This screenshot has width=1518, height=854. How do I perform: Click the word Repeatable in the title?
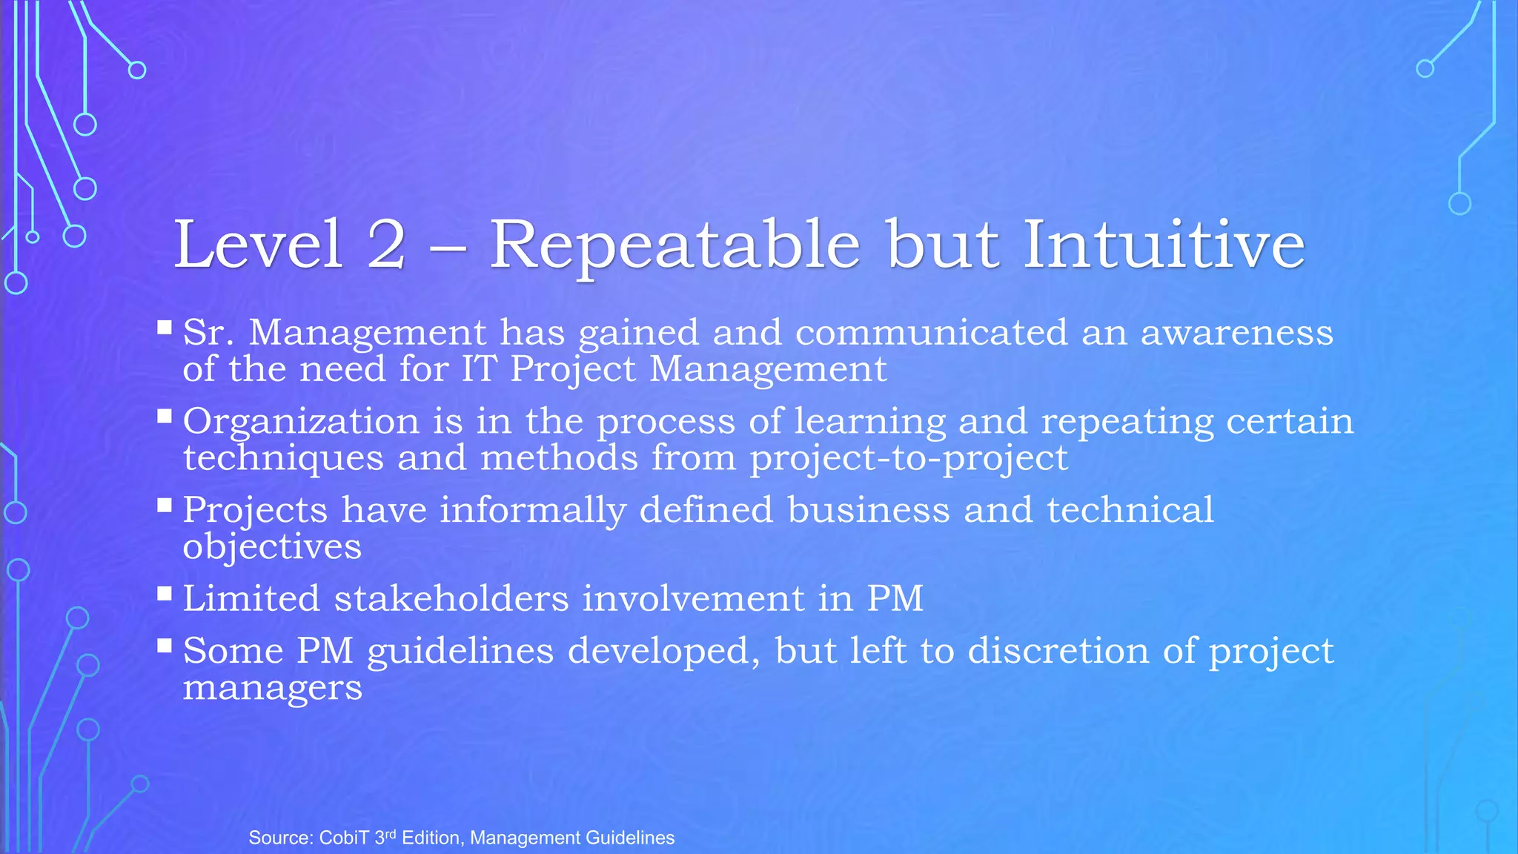pos(675,245)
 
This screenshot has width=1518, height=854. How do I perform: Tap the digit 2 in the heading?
pos(386,245)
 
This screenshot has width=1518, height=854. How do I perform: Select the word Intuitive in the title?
pos(1164,245)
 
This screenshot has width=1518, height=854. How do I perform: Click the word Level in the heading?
pos(258,245)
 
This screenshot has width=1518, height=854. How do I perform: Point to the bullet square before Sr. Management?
pos(165,327)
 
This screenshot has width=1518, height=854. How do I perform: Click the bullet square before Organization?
pos(165,416)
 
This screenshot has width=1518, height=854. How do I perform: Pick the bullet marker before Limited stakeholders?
pos(165,593)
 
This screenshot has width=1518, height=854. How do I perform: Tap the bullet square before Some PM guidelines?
pos(165,645)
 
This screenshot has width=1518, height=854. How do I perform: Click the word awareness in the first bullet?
pos(1236,332)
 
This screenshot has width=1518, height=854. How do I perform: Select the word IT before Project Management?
pos(478,369)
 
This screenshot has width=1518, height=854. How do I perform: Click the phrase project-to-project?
pos(909,458)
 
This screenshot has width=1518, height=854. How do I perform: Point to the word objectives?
pos(272,547)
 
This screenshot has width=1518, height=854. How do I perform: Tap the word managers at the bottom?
pos(272,688)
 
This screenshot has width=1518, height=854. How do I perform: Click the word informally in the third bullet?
pos(533,510)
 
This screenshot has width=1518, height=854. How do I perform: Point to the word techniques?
pos(283,458)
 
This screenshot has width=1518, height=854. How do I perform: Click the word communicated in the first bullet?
pos(931,332)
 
